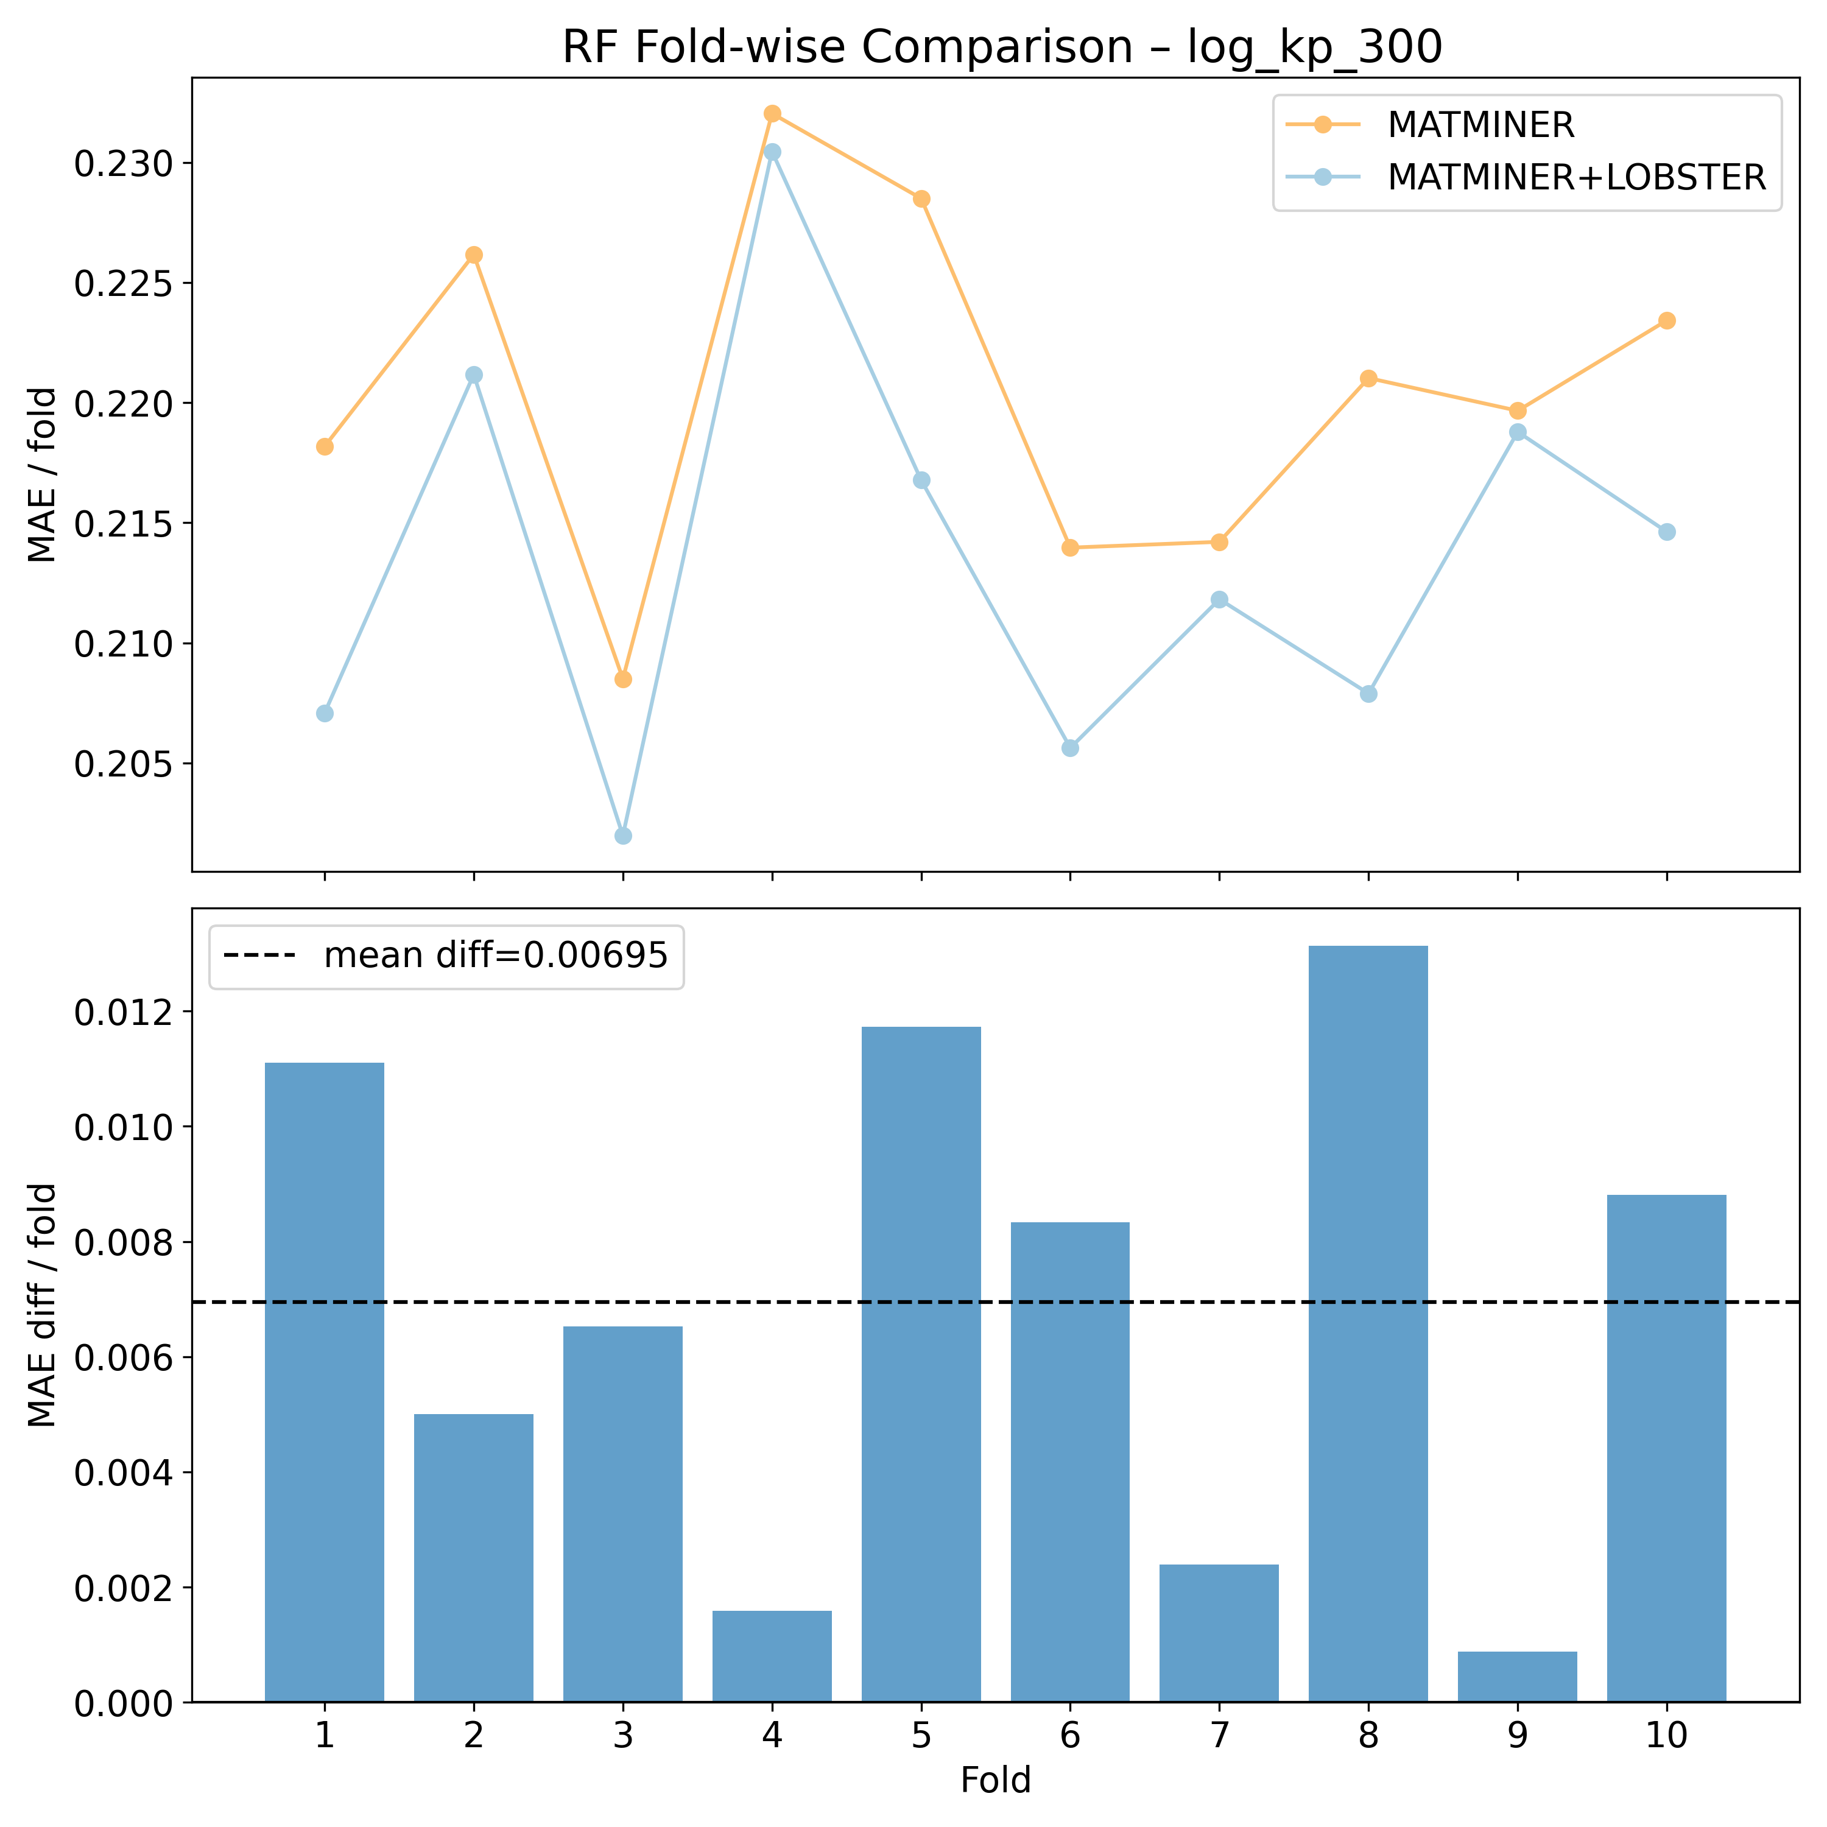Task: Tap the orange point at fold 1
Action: [x=325, y=446]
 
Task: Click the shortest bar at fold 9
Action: [x=1518, y=1677]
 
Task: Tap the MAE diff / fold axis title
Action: [x=43, y=1305]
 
